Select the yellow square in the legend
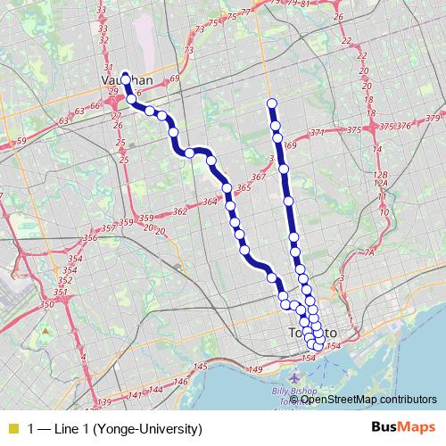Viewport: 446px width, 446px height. (x=12, y=428)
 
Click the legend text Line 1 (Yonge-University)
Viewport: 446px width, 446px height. (x=115, y=428)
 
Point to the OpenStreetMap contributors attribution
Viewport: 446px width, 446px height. (x=368, y=399)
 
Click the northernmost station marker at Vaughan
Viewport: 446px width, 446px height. (x=125, y=76)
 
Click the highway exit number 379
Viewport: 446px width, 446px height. (x=434, y=119)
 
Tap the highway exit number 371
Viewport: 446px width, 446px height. (x=317, y=133)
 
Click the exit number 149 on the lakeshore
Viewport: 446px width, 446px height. (x=255, y=369)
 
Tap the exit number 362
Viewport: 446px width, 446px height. (x=180, y=211)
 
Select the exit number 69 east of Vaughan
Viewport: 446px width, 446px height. (x=175, y=79)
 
